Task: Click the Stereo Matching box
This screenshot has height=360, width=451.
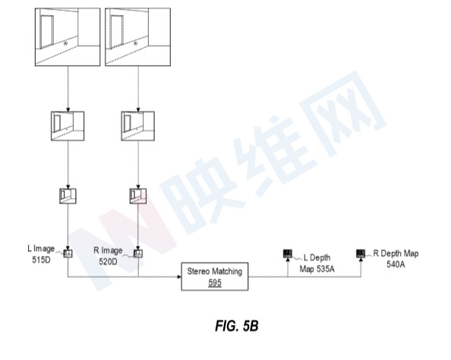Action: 215,276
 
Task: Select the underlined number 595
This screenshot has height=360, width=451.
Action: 215,283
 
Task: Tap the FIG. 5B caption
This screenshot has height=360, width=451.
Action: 237,326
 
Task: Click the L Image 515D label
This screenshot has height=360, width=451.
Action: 41,254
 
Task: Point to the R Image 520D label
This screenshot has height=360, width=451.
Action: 108,256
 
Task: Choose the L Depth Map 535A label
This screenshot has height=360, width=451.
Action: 317,263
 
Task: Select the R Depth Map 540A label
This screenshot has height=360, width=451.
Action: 396,259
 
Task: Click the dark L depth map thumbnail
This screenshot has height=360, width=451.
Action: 288,253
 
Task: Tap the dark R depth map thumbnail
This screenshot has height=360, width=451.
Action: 361,253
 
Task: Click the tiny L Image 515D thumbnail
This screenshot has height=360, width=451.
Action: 68,254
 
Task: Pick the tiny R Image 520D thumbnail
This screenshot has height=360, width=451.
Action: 138,254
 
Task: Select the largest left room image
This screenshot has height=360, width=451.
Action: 68,36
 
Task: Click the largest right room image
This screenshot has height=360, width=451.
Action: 137,36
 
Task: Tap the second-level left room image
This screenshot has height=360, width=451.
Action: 68,126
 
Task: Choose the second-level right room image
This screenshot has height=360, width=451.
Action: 137,126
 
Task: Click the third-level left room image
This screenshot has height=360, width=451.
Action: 68,196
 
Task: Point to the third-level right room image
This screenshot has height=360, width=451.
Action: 138,196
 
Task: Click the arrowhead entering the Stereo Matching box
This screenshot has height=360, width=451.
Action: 179,276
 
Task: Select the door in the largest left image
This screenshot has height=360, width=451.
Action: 46,32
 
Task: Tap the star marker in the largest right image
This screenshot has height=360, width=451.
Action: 135,43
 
